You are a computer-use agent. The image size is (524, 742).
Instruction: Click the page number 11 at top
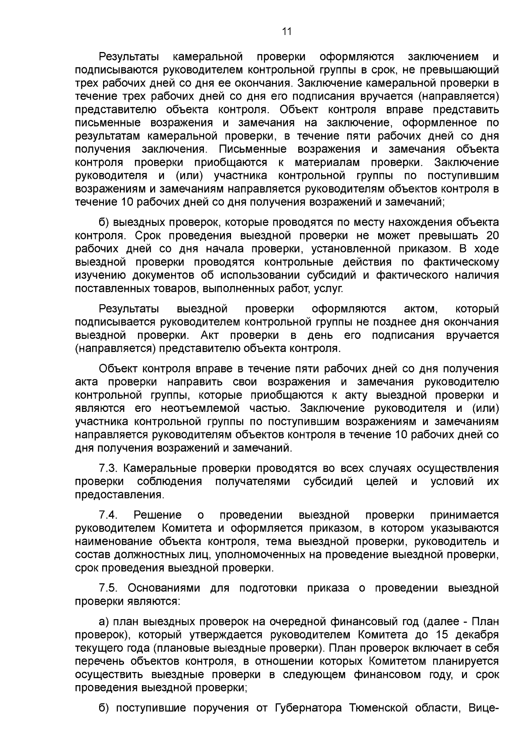[x=286, y=31]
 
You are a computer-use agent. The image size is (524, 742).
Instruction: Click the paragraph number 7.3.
[x=107, y=468]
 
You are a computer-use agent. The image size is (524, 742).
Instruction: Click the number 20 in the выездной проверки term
[x=492, y=236]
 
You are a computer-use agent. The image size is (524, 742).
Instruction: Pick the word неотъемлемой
[x=200, y=408]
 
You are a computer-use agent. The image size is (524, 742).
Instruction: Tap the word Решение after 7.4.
[x=158, y=515]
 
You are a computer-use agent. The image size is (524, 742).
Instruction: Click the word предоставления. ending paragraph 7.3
[x=120, y=495]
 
